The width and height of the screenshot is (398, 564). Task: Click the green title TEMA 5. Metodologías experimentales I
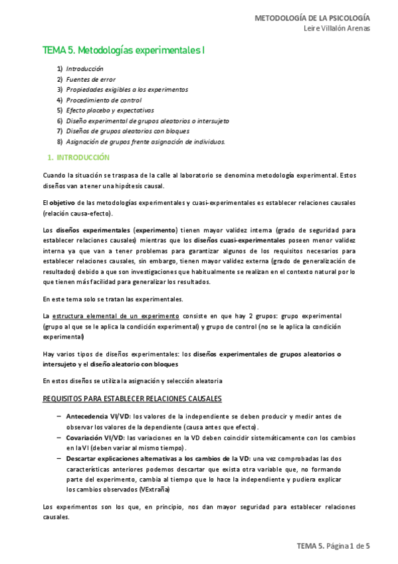click(x=123, y=49)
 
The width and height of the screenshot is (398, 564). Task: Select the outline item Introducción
click(x=84, y=69)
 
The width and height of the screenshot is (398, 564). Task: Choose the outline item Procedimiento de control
click(x=103, y=100)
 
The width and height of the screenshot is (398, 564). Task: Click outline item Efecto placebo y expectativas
click(x=110, y=110)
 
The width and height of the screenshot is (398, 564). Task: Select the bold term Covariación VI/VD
click(x=94, y=438)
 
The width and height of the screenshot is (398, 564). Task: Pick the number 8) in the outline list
click(x=60, y=141)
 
